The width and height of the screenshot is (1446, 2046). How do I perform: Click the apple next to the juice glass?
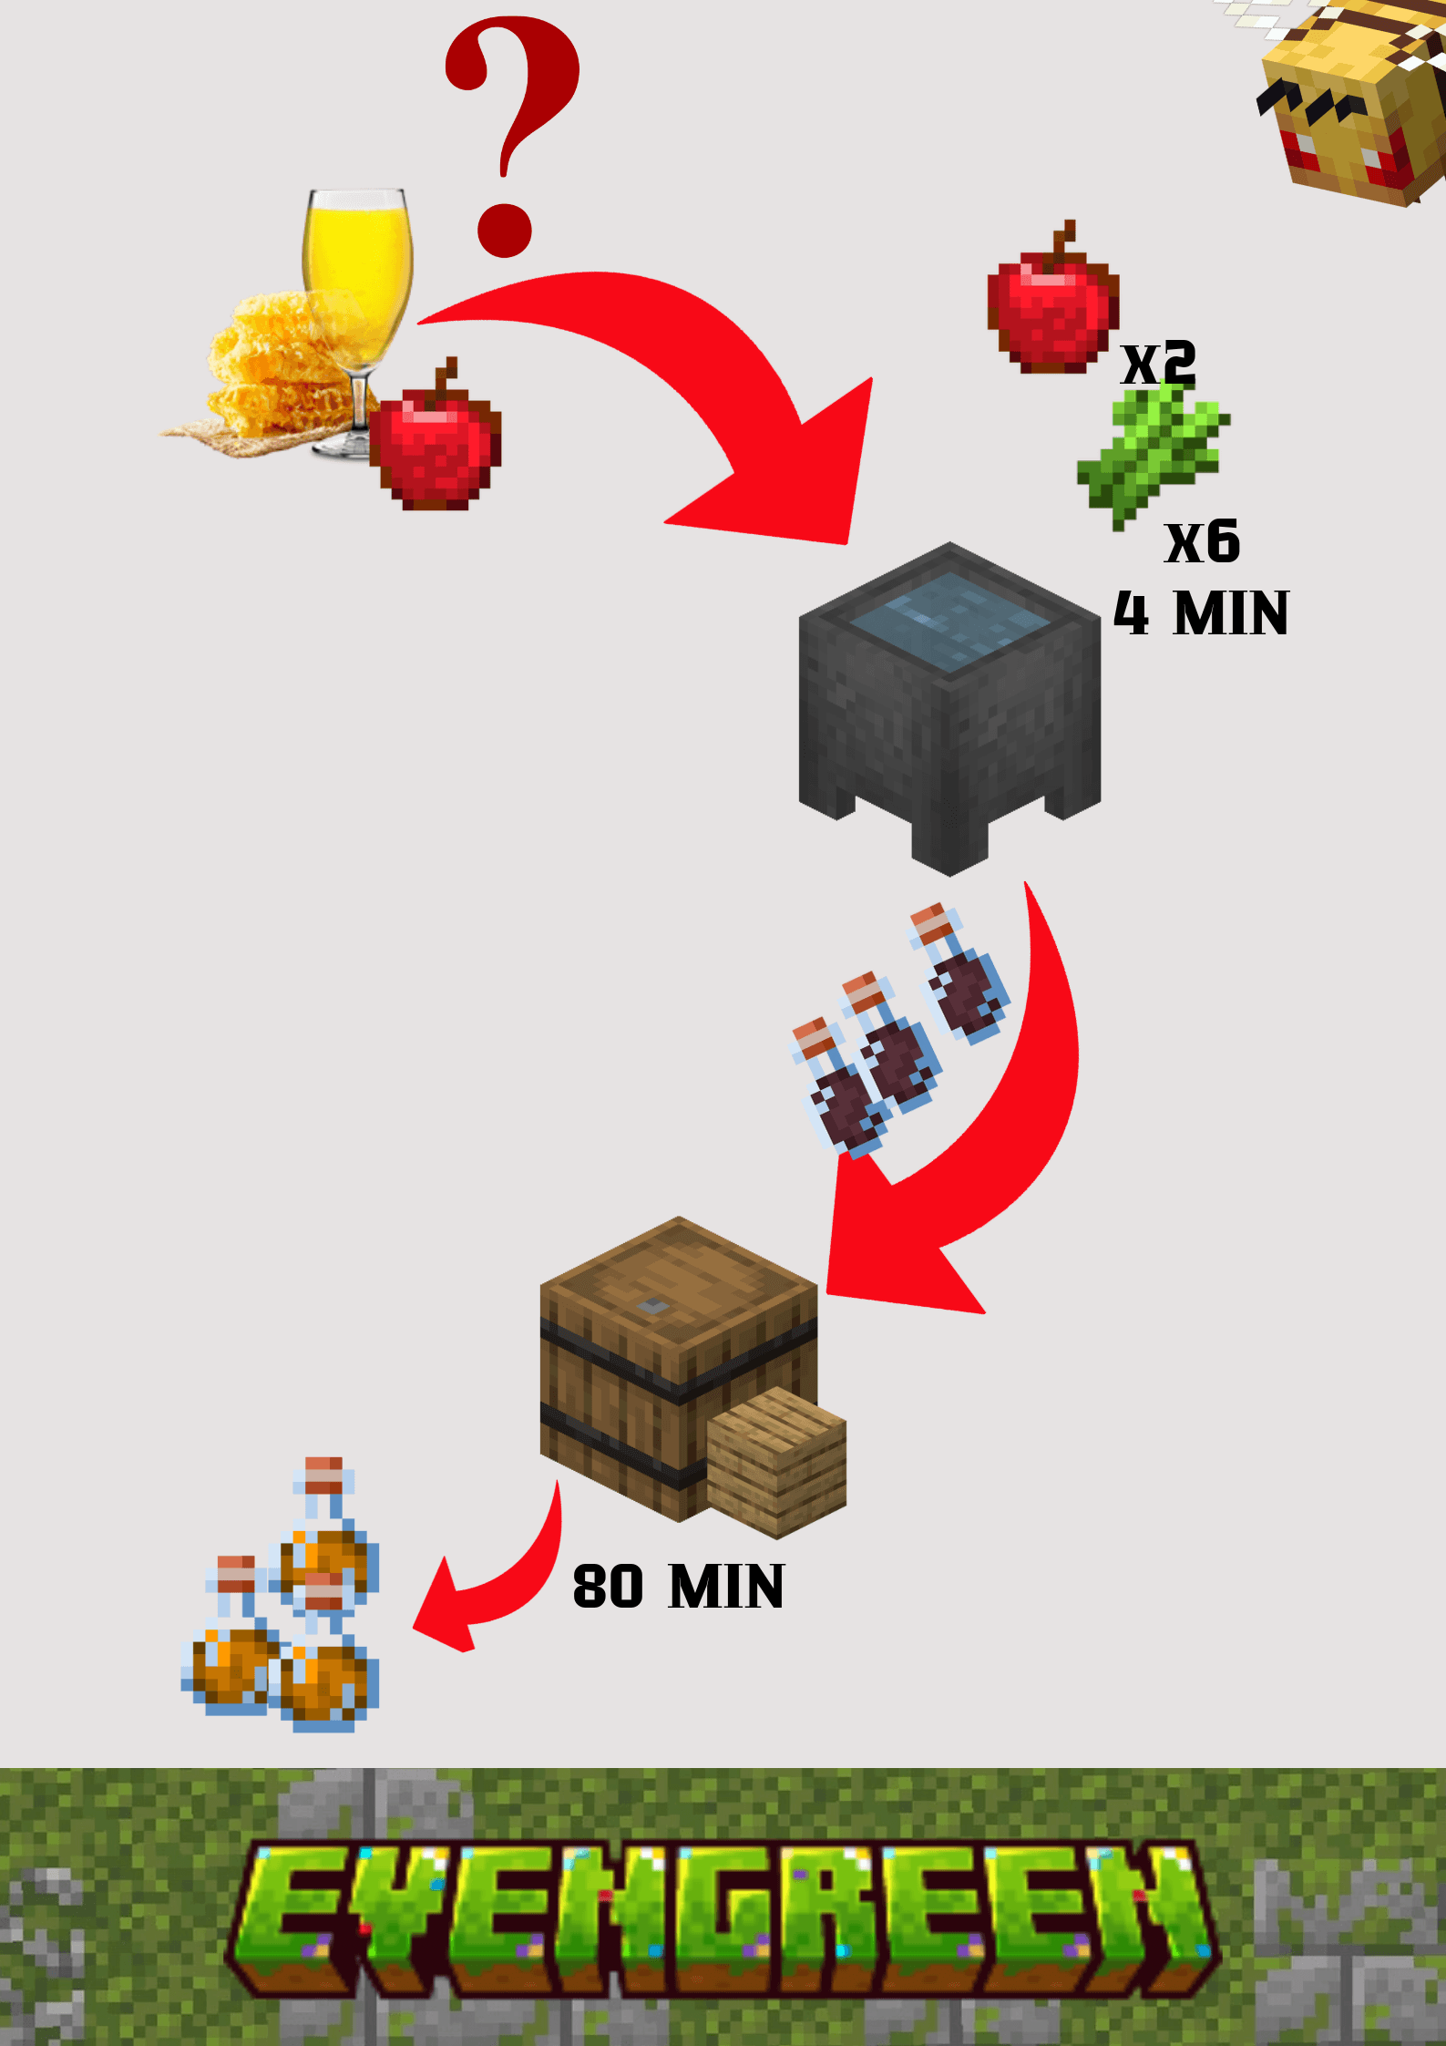(436, 442)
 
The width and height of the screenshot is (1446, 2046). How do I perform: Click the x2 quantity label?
(1158, 363)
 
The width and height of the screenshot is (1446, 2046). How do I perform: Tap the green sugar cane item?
(1153, 451)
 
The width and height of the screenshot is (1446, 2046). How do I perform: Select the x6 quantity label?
(1203, 542)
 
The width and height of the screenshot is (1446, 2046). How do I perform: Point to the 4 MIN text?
(1201, 613)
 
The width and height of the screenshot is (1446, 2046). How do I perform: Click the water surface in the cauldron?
(949, 620)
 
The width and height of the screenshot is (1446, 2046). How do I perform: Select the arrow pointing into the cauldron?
(692, 383)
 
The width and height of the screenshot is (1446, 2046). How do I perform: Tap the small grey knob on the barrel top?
(652, 1307)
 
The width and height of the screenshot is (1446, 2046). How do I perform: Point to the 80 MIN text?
(679, 1587)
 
